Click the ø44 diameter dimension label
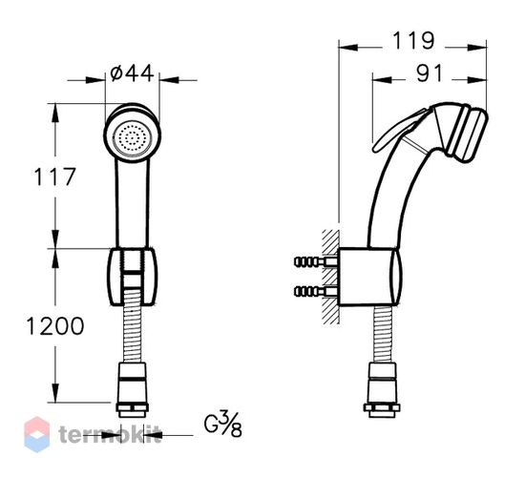click(x=132, y=73)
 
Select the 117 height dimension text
click(x=55, y=176)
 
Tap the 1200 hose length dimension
click(x=55, y=326)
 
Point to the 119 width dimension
click(x=413, y=41)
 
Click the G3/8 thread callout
click(x=222, y=425)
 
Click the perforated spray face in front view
click(x=133, y=138)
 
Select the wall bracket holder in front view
click(x=133, y=278)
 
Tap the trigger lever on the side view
click(x=398, y=131)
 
